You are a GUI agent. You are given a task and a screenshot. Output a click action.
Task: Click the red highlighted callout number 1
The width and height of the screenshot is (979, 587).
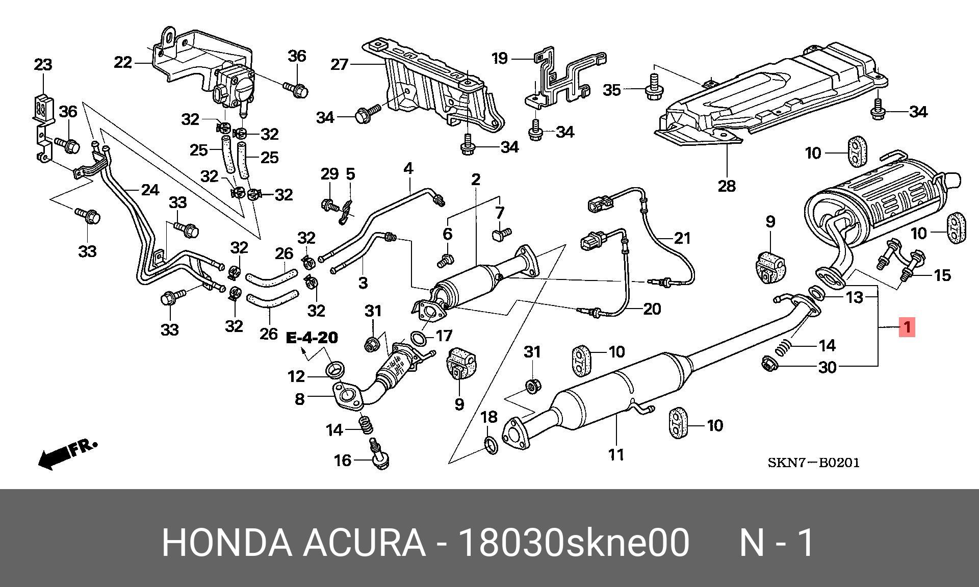click(907, 327)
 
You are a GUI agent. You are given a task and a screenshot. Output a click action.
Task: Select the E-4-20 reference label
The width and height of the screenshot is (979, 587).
click(312, 338)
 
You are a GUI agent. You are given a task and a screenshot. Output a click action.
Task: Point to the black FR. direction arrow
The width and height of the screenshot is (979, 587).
click(66, 453)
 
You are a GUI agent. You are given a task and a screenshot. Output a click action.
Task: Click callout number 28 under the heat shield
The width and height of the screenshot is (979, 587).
click(727, 186)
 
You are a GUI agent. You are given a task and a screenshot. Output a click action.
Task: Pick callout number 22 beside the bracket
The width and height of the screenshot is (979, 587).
click(123, 63)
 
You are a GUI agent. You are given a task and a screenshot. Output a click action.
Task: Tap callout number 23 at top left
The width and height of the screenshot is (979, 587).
click(43, 65)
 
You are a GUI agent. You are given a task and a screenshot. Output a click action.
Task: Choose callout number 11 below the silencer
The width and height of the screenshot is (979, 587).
click(616, 454)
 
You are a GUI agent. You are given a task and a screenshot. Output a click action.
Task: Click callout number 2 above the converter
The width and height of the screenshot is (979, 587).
click(476, 180)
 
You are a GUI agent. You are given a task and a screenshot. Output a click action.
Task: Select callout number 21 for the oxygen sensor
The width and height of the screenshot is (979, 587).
click(682, 238)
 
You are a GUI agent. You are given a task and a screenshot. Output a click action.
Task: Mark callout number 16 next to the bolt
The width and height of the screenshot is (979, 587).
click(343, 461)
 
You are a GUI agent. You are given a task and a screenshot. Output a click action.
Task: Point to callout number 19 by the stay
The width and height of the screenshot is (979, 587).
click(500, 58)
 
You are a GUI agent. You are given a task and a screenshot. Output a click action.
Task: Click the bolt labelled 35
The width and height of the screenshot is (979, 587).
click(654, 89)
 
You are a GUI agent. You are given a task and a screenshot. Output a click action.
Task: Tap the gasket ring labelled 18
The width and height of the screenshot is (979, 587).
click(490, 445)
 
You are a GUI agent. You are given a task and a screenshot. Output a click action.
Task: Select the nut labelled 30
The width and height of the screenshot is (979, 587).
click(768, 364)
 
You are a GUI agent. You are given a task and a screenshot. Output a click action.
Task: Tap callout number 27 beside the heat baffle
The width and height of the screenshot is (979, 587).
click(339, 65)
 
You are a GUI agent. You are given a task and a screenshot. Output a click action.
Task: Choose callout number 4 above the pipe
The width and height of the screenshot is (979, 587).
click(408, 168)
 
